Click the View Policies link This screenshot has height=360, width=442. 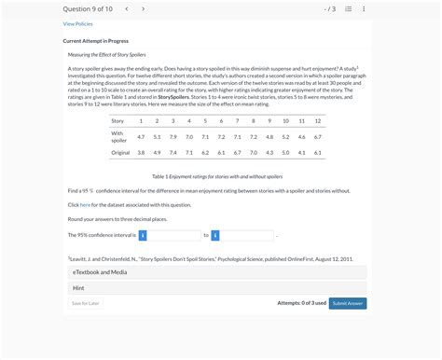click(77, 24)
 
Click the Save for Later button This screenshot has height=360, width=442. click(86, 303)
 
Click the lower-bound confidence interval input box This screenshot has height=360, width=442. click(174, 235)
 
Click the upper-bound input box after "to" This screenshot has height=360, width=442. click(247, 235)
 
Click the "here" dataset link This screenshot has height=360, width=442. click(85, 203)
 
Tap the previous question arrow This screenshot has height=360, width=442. click(127, 8)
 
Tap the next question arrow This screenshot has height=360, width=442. click(143, 8)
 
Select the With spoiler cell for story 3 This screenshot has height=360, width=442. click(173, 136)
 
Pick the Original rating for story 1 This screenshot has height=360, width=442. click(141, 152)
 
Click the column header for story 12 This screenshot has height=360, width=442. click(317, 120)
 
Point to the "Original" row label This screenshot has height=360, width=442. click(120, 152)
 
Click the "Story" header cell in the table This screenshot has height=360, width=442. click(117, 120)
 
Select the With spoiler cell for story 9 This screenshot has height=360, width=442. click(269, 136)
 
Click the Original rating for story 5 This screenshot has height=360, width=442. click(205, 152)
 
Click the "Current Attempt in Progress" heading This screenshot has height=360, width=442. click(97, 41)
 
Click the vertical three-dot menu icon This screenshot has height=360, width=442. click(363, 8)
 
